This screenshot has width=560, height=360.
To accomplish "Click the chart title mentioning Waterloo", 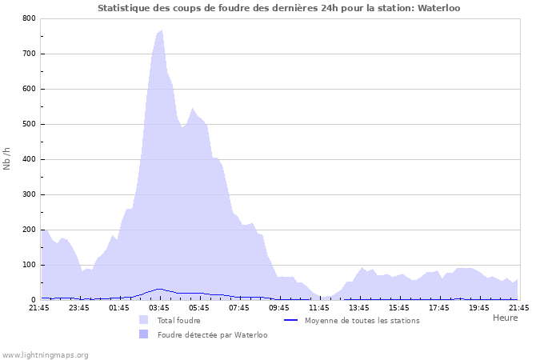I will click(x=278, y=8).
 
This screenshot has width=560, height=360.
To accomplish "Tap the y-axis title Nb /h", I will click(x=7, y=158).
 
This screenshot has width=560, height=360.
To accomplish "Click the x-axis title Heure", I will click(x=505, y=318).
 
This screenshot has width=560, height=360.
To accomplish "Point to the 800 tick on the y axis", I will click(x=29, y=18).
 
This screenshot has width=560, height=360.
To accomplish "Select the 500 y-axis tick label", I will click(x=29, y=124).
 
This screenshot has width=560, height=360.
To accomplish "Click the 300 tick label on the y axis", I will click(x=29, y=194).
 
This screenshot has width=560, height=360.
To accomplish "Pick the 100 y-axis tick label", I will click(x=29, y=265).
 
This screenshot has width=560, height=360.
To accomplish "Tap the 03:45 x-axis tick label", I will click(x=158, y=307).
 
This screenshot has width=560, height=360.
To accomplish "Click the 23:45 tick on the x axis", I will click(x=78, y=307).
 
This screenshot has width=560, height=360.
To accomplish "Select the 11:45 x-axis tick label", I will click(x=318, y=307).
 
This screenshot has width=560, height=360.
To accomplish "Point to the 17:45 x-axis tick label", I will click(x=438, y=307).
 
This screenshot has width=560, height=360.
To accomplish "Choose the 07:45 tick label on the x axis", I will click(x=238, y=307).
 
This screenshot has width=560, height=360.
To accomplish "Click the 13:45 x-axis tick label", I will click(x=358, y=307).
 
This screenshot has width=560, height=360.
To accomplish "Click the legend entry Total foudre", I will click(x=178, y=320).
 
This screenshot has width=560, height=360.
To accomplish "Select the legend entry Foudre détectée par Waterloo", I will click(x=212, y=334).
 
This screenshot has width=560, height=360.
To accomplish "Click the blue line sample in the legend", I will click(x=291, y=320).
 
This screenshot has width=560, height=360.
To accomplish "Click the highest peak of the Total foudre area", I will click(x=162, y=30).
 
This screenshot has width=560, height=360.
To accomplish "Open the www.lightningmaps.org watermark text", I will click(x=45, y=354).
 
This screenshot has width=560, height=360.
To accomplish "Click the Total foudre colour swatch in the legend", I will click(x=144, y=320).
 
